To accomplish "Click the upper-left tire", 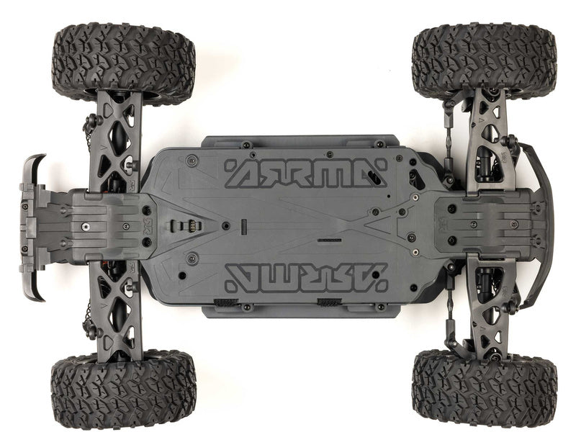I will [x=123, y=63].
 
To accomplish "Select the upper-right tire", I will [x=484, y=60].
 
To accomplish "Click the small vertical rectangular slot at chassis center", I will [x=243, y=225].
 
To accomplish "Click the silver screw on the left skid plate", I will [x=85, y=227].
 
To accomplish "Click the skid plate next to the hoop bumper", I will [x=482, y=223].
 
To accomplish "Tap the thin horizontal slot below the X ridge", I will [x=330, y=238].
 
